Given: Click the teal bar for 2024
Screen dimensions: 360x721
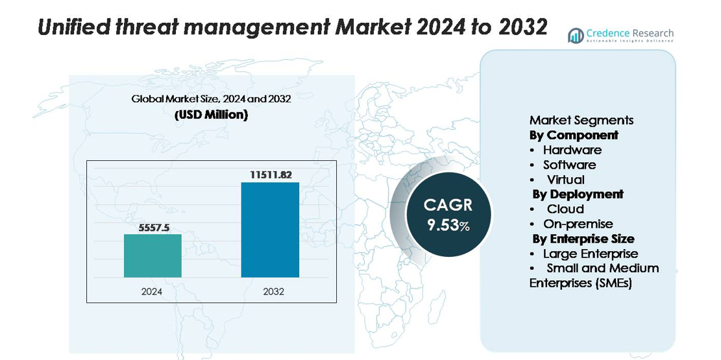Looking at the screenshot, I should [153, 256].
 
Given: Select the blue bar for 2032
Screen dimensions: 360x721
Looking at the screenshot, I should [270, 230].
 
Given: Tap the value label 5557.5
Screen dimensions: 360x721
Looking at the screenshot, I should [153, 228].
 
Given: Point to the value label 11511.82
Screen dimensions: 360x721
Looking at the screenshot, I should [270, 175].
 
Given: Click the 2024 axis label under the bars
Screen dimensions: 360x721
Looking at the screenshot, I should [152, 292].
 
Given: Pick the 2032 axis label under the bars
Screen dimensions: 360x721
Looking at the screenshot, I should [273, 292].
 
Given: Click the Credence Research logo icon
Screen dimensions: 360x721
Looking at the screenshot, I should [576, 36].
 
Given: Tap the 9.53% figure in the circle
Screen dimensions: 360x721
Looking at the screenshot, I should [448, 225].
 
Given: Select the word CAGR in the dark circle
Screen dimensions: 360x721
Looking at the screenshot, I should [448, 206].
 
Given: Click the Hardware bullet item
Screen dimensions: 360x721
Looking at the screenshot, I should [572, 150].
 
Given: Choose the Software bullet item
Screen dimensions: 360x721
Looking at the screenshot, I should [569, 165].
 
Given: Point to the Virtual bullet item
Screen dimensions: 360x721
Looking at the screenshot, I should [565, 180].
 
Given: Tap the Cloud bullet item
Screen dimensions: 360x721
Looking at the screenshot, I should [565, 209].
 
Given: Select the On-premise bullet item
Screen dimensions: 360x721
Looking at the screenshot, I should [578, 224].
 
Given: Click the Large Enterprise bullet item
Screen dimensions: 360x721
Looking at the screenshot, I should [590, 254].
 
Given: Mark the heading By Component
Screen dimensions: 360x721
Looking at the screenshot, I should [574, 135].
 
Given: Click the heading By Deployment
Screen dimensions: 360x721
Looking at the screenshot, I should [578, 194].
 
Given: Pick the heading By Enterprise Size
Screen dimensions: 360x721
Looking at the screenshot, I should [583, 239].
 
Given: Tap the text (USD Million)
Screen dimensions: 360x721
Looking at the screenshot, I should [211, 115].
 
